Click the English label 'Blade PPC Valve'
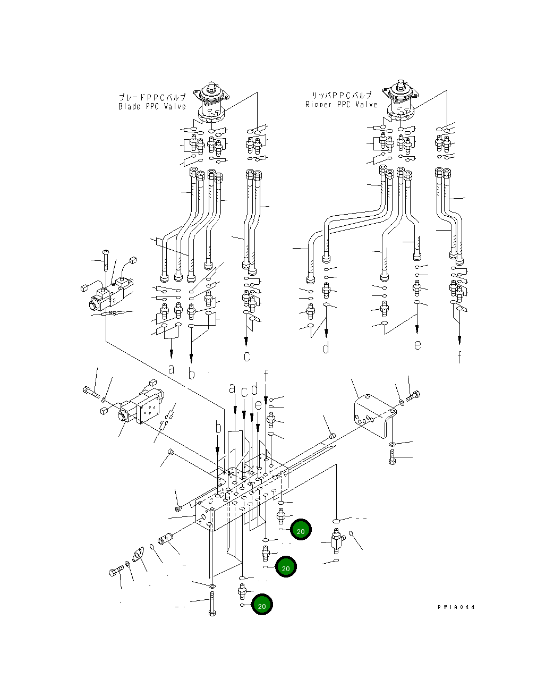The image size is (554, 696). pos(152,106)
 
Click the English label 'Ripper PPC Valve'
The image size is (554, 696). pos(341,104)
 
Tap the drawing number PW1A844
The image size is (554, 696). pos(456,607)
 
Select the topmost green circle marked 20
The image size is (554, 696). pos(301,530)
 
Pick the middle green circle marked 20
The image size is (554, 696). pos(286,567)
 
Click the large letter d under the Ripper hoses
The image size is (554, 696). pos(326,347)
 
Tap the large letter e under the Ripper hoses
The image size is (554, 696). pos(418,344)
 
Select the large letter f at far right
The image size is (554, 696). pos(459,357)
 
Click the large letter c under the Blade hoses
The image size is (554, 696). pos(246,356)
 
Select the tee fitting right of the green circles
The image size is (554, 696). pos(336,541)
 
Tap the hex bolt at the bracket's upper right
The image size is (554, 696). pos(413,396)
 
